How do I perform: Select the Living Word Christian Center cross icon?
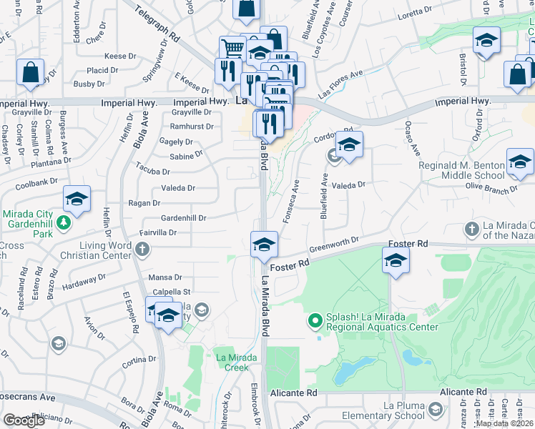coord(143,249)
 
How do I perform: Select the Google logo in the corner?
coord(24,420)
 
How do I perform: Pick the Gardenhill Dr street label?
coord(183,217)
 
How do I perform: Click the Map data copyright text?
coord(504,423)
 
